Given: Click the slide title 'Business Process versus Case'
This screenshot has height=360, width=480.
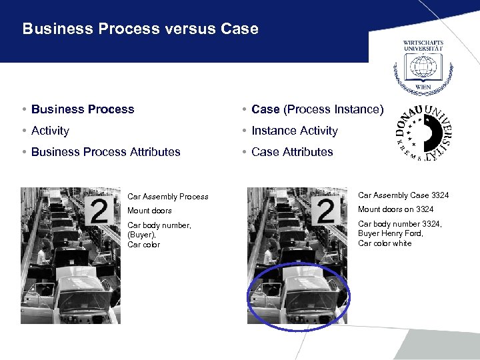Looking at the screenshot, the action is click(x=140, y=29).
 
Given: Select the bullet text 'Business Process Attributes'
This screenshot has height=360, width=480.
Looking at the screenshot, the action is click(x=105, y=152).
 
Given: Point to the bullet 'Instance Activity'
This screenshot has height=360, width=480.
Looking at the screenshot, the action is click(x=294, y=131).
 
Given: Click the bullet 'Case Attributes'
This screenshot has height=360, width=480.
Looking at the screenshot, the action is click(x=292, y=152).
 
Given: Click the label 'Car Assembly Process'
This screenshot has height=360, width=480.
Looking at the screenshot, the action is click(x=167, y=197).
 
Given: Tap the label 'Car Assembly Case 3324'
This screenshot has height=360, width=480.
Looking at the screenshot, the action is click(x=403, y=195).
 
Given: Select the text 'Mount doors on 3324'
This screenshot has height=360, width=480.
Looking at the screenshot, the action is click(x=395, y=210).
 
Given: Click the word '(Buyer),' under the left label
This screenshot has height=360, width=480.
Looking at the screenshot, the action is click(x=142, y=235).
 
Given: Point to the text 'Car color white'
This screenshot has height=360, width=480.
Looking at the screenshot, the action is click(x=385, y=243).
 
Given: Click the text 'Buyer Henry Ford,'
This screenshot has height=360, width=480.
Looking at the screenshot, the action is click(x=391, y=234).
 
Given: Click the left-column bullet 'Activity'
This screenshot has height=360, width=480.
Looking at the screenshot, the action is click(x=50, y=131).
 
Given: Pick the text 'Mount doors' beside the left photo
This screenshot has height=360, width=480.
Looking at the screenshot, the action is click(x=149, y=211).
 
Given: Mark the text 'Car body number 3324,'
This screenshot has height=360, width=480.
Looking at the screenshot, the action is click(x=399, y=225).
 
